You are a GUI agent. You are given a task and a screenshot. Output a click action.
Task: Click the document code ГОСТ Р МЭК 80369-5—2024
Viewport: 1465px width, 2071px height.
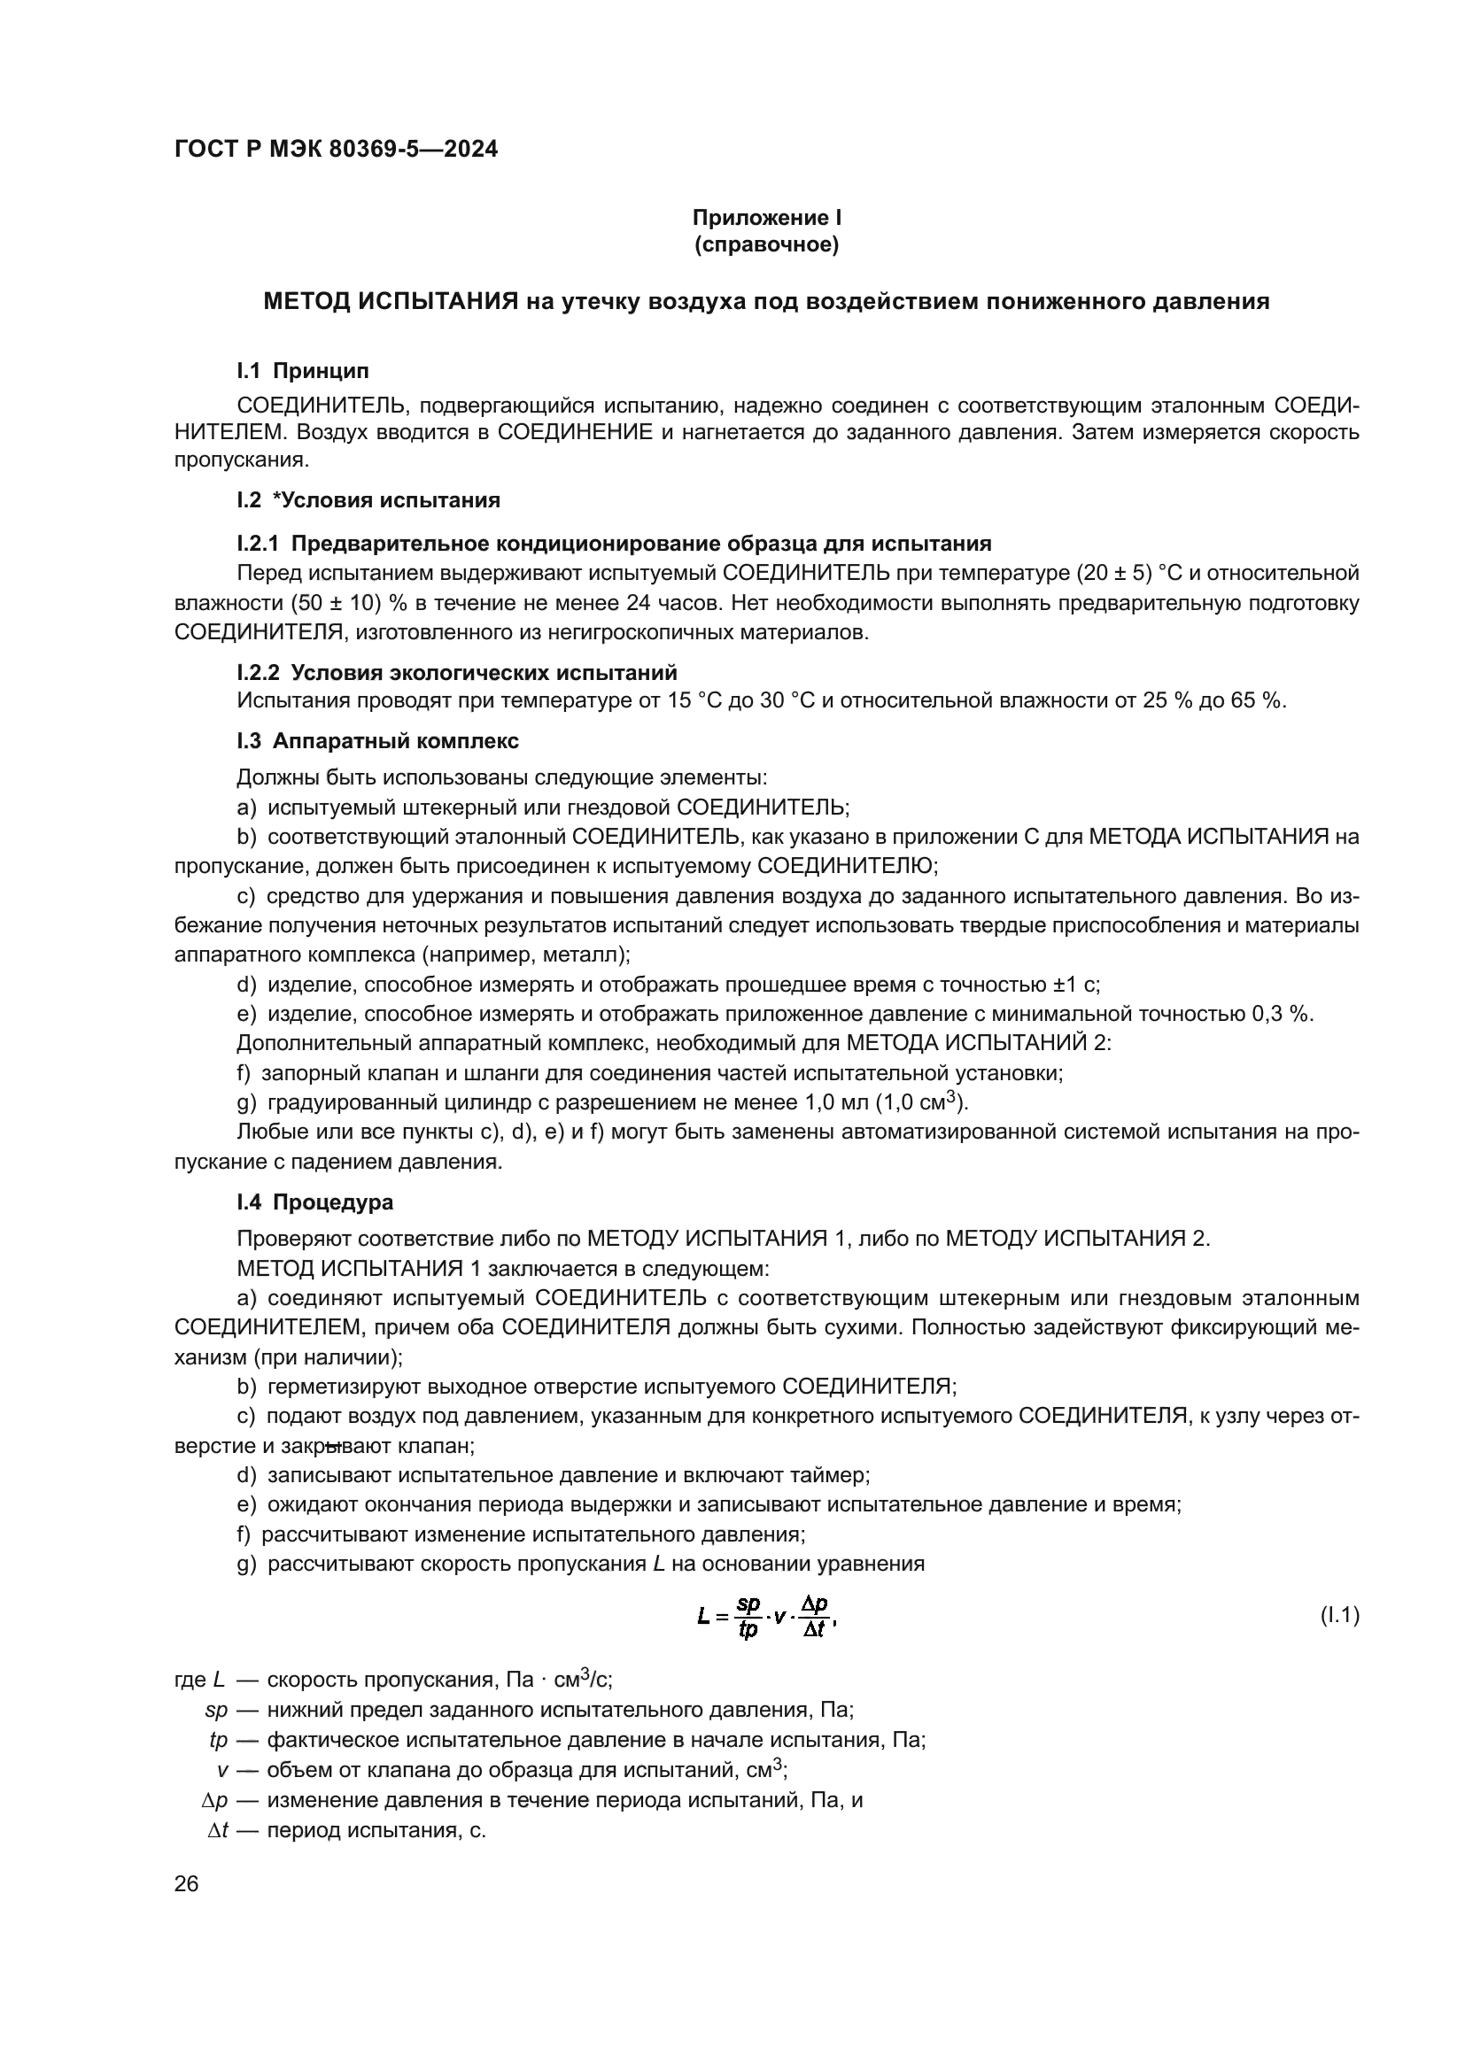[x=336, y=149]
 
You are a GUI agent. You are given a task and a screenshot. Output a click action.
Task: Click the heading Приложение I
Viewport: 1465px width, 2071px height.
[x=766, y=218]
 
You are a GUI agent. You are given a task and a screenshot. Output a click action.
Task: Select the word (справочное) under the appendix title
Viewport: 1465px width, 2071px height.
[x=766, y=244]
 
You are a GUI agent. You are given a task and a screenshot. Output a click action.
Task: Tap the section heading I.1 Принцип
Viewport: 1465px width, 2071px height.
[x=302, y=371]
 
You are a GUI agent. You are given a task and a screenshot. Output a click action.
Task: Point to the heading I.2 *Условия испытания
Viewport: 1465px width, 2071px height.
[x=368, y=499]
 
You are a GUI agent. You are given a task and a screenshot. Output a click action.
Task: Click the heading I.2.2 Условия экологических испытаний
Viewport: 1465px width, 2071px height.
[x=456, y=672]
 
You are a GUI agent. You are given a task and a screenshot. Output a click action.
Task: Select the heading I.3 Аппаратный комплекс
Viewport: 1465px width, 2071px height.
[x=377, y=740]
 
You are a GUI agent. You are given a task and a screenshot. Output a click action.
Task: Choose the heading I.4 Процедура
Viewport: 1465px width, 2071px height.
[x=314, y=1202]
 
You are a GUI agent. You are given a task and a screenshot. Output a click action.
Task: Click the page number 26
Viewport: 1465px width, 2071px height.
[x=187, y=1883]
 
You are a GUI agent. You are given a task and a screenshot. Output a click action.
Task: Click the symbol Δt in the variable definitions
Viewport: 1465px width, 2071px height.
[x=217, y=1830]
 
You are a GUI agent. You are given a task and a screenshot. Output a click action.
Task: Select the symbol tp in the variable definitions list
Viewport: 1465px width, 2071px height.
[x=218, y=1739]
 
